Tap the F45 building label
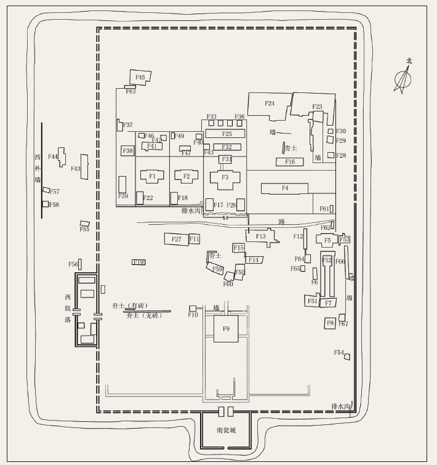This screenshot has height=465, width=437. pos(140,78)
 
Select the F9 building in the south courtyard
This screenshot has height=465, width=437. pos(226,329)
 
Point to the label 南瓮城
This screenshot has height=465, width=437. pos(226,430)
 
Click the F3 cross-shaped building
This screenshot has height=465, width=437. pos(225,177)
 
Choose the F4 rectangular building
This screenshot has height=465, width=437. pos(285,188)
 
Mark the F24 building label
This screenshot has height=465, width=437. pos(270,103)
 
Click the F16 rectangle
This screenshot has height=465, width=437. pos(290,162)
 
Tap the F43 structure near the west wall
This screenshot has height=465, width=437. pos(84,168)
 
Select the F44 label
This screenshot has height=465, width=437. pos(53,157)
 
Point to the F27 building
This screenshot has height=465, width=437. pos(176,239)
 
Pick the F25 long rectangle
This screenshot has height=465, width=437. pos(226,134)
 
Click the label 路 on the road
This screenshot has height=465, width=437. pos(281,220)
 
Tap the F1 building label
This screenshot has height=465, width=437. pos(152,176)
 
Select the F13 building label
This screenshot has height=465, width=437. pos(261,237)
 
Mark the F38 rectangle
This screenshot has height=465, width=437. pos(128,151)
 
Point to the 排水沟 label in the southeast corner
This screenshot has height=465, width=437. pos(340,406)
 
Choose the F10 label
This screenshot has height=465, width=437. pos(193,315)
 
